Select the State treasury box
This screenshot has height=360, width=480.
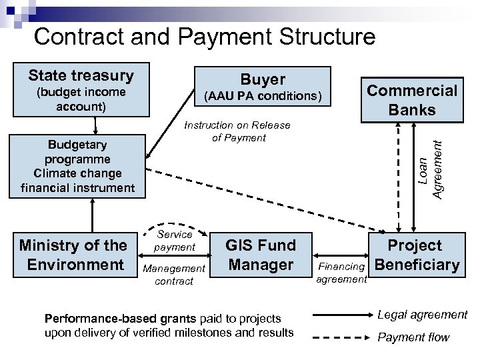click(x=81, y=91)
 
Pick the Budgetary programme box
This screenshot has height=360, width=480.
click(x=77, y=167)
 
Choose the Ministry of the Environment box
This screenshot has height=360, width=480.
click(x=72, y=255)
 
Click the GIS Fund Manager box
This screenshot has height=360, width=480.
click(x=260, y=255)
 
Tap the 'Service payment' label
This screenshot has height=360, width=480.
click(x=175, y=241)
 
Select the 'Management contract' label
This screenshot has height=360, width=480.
click(x=175, y=274)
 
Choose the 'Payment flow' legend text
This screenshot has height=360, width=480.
click(x=413, y=337)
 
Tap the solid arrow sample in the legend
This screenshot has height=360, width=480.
click(x=340, y=314)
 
